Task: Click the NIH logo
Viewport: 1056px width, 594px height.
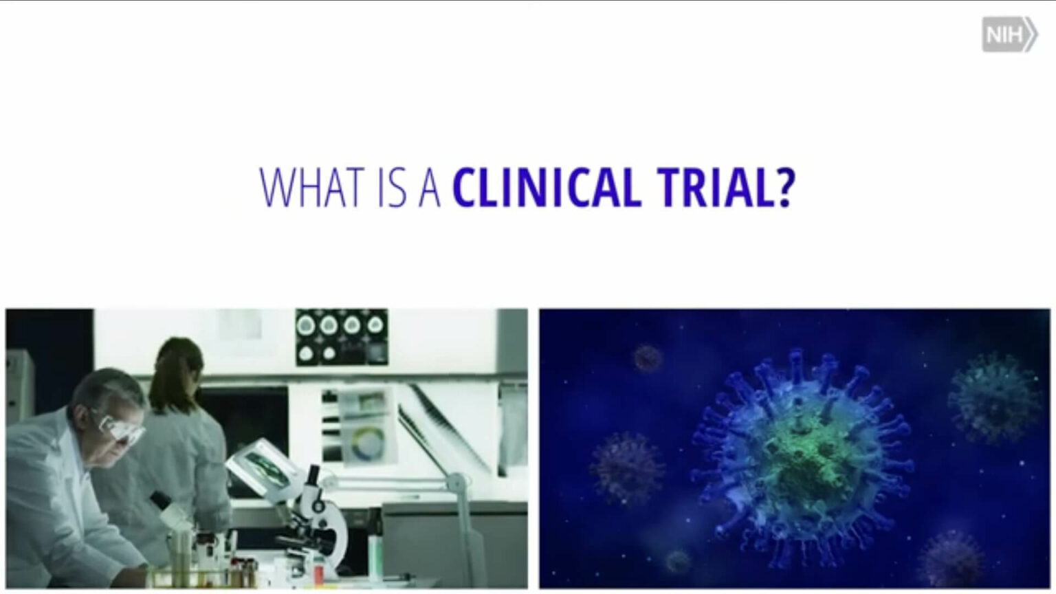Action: [1009, 35]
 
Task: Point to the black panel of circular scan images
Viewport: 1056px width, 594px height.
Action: [341, 336]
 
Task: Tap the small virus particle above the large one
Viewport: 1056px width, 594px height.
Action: [648, 357]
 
